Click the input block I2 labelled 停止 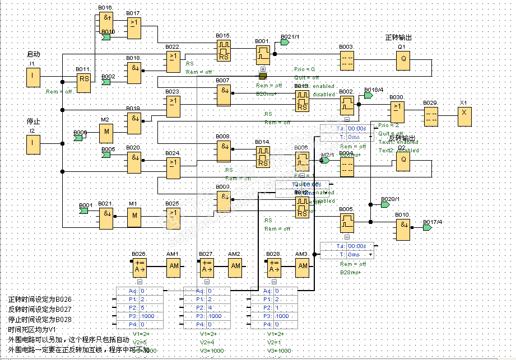click(34, 145)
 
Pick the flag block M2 click(106, 133)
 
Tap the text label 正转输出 click(398, 38)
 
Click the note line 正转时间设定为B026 click(40, 300)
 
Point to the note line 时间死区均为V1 click(32, 330)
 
